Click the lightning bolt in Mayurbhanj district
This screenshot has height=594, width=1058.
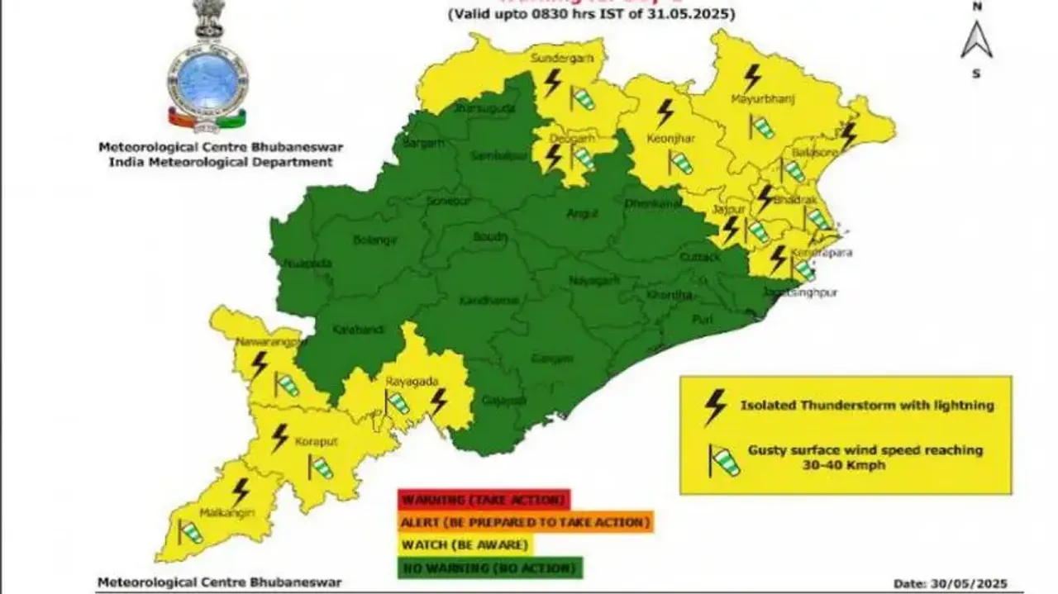(x=751, y=78)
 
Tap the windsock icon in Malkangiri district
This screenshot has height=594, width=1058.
(x=191, y=532)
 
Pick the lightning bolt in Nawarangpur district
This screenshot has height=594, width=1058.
(x=260, y=364)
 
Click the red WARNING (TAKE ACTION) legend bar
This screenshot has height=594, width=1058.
(x=484, y=500)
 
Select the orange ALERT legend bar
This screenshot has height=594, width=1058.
(x=525, y=522)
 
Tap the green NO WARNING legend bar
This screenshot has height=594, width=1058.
(x=490, y=568)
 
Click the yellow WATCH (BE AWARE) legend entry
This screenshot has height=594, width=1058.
(x=465, y=545)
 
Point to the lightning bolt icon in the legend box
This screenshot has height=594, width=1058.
(x=715, y=406)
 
